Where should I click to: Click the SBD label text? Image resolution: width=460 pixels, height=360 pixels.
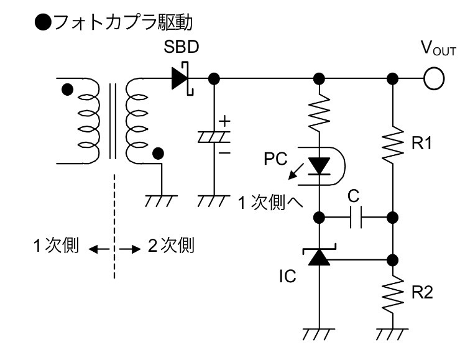click(x=182, y=47)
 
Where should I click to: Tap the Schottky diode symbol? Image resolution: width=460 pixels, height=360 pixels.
click(x=183, y=78)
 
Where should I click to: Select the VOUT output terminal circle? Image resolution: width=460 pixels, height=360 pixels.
click(x=434, y=78)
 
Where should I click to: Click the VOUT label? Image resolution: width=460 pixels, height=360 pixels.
click(x=438, y=48)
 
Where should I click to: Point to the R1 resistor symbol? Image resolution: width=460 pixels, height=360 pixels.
click(x=392, y=145)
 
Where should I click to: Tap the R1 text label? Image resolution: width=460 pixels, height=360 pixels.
click(x=421, y=143)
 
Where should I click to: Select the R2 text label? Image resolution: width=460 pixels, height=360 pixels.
click(x=422, y=292)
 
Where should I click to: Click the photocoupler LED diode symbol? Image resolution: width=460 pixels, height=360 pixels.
click(x=319, y=167)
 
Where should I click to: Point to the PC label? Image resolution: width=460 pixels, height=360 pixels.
click(x=275, y=159)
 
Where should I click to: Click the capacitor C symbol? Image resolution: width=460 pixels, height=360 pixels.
click(x=356, y=218)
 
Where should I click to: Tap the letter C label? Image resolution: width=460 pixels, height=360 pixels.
click(x=354, y=196)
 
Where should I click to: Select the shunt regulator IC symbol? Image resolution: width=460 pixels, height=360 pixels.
click(x=319, y=255)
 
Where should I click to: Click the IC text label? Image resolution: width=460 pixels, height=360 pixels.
click(x=287, y=276)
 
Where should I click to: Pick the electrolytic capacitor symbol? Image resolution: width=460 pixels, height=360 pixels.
click(x=214, y=137)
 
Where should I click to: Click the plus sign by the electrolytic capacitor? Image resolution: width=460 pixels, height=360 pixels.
click(x=225, y=121)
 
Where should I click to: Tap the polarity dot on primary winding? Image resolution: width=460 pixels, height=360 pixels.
click(x=68, y=89)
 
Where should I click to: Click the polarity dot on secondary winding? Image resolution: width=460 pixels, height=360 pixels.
click(x=159, y=154)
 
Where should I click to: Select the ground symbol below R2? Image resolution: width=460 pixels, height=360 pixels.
click(x=392, y=334)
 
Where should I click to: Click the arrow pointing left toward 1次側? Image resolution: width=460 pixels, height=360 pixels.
click(x=99, y=249)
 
